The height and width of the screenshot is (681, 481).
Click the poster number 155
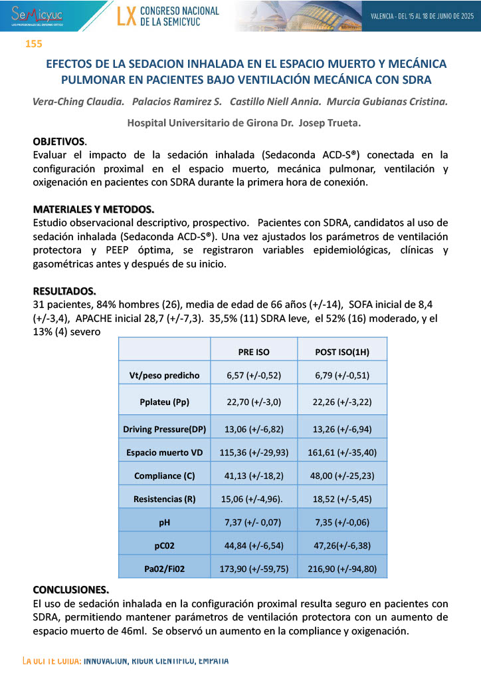tap(33, 44)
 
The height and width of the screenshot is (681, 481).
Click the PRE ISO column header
tap(254, 351)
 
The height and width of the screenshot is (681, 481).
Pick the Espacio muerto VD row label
tap(164, 453)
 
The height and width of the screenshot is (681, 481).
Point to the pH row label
tap(164, 523)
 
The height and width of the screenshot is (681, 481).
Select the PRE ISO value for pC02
tap(254, 545)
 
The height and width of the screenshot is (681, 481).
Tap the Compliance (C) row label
tap(164, 476)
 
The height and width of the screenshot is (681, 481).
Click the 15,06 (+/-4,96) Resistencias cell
tap(254, 499)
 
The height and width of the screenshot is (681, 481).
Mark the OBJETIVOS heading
tap(59, 142)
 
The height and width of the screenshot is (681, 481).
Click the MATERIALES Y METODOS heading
tap(93, 208)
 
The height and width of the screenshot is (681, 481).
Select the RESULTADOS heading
tap(64, 291)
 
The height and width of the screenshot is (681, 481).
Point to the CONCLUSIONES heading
tap(70, 590)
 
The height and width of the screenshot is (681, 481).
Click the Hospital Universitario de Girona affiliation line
tap(240, 124)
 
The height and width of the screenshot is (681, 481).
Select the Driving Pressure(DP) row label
tap(164, 430)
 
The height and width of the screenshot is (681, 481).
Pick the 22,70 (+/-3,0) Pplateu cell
tap(254, 402)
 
